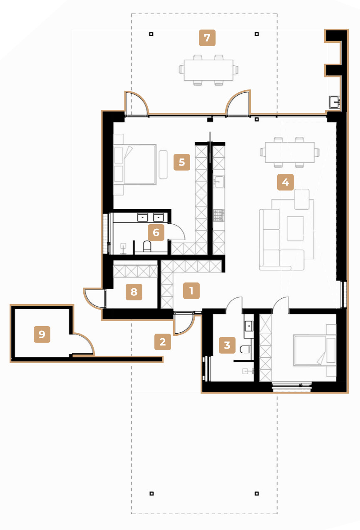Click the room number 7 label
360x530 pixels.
(207, 37)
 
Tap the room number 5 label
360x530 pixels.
(182, 162)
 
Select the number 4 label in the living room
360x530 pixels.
(286, 182)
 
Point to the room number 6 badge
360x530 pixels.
(156, 233)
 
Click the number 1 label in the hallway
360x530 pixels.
(191, 290)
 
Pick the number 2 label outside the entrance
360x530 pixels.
(163, 342)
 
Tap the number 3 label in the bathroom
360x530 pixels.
(227, 345)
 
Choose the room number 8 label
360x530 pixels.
(134, 292)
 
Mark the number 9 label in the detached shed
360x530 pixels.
(42, 334)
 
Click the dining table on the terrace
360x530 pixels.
(209, 70)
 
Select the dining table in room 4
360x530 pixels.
(290, 152)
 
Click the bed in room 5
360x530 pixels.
(135, 164)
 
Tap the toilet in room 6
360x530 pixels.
(147, 246)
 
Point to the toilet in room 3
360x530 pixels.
(246, 349)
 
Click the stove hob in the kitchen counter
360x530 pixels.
(218, 215)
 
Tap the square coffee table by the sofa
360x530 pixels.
(295, 228)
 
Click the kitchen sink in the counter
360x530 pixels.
(218, 182)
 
